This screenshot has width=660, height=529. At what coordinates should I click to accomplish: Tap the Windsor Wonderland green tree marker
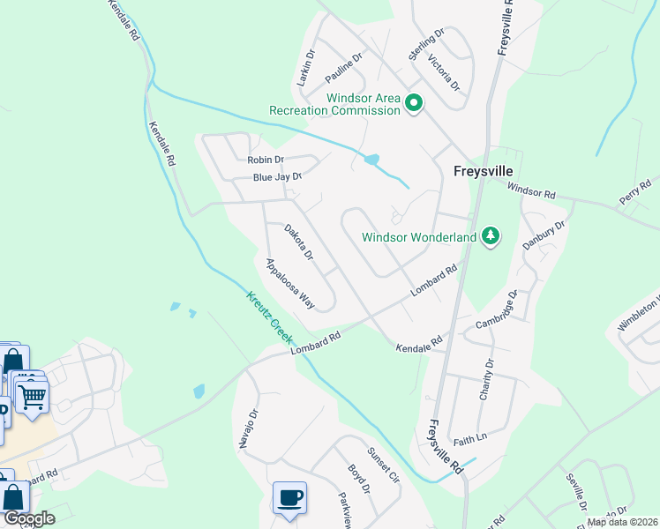(x=491, y=236)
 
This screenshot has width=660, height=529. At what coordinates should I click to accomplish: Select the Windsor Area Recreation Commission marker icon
(x=413, y=105)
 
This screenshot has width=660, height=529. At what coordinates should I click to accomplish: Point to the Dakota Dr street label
(x=299, y=242)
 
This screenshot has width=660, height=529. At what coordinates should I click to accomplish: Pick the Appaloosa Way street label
(x=290, y=282)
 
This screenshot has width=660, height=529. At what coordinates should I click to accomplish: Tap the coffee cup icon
(x=290, y=498)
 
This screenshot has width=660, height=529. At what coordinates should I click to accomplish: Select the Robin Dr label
(x=266, y=160)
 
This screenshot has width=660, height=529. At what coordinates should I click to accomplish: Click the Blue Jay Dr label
(x=277, y=176)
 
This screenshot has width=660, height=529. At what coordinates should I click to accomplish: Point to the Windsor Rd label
(x=531, y=190)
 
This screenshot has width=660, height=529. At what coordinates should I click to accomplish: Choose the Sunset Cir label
(x=384, y=467)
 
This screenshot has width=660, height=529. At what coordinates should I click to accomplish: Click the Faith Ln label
(x=469, y=438)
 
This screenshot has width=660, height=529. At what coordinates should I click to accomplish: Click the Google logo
(x=29, y=518)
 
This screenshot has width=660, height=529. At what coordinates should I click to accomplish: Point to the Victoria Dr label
(x=444, y=72)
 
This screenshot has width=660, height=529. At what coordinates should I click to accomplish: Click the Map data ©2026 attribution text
(x=623, y=522)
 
